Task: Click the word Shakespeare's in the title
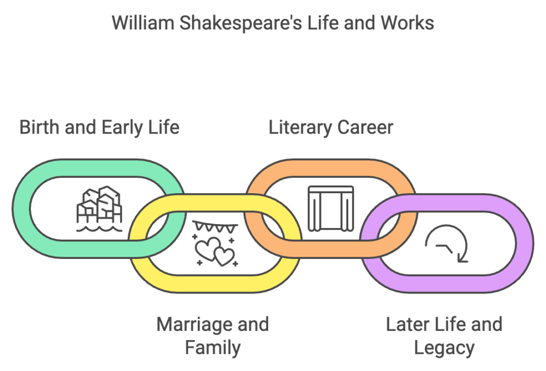240,23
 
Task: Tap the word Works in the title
407,23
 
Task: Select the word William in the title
143,23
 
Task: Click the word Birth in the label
39,127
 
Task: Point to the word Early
122,128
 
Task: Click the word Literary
300,128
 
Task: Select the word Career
365,127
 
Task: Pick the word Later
407,324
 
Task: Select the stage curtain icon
331,209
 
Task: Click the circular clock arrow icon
446,243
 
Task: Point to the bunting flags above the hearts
215,227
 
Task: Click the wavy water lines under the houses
99,229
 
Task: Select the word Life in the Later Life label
449,324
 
